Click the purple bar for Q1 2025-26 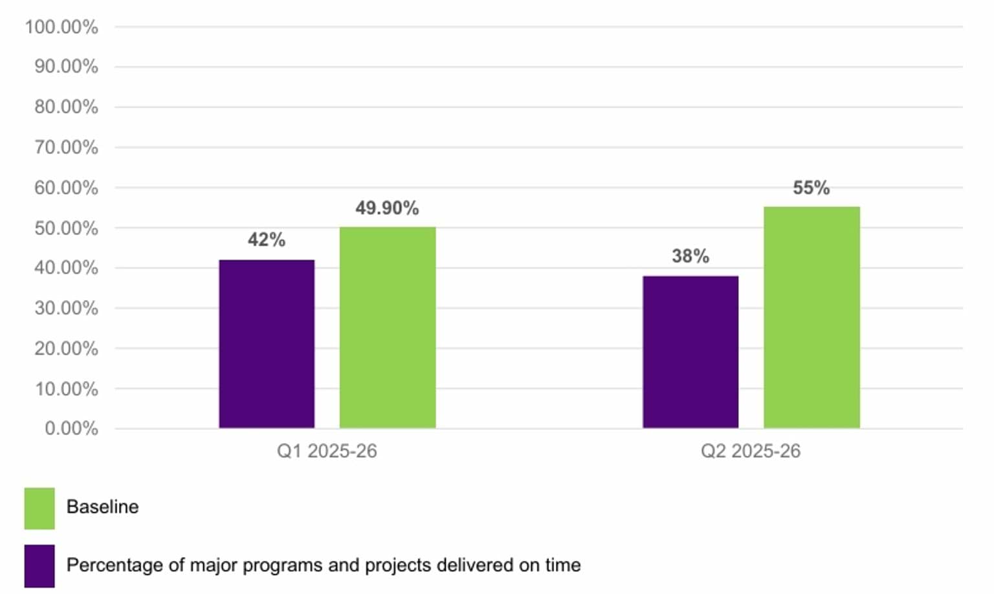coord(267,344)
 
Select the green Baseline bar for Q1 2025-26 coord(388,327)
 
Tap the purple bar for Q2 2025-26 coord(690,352)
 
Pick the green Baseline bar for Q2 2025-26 coord(812,317)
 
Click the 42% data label coord(267,240)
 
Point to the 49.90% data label coord(387,208)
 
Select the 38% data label coord(690,256)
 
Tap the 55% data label coord(812,188)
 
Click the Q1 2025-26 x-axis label coord(327,451)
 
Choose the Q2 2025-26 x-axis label coord(751,451)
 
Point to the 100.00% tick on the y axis coord(61,27)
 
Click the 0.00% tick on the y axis coord(71,428)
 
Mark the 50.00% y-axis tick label coord(66,228)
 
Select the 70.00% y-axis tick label coord(66,148)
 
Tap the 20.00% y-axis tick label coord(66,349)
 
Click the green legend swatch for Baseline coord(39,509)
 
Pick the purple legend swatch coord(39,566)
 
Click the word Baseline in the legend coord(102,507)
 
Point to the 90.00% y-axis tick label coord(66,67)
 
